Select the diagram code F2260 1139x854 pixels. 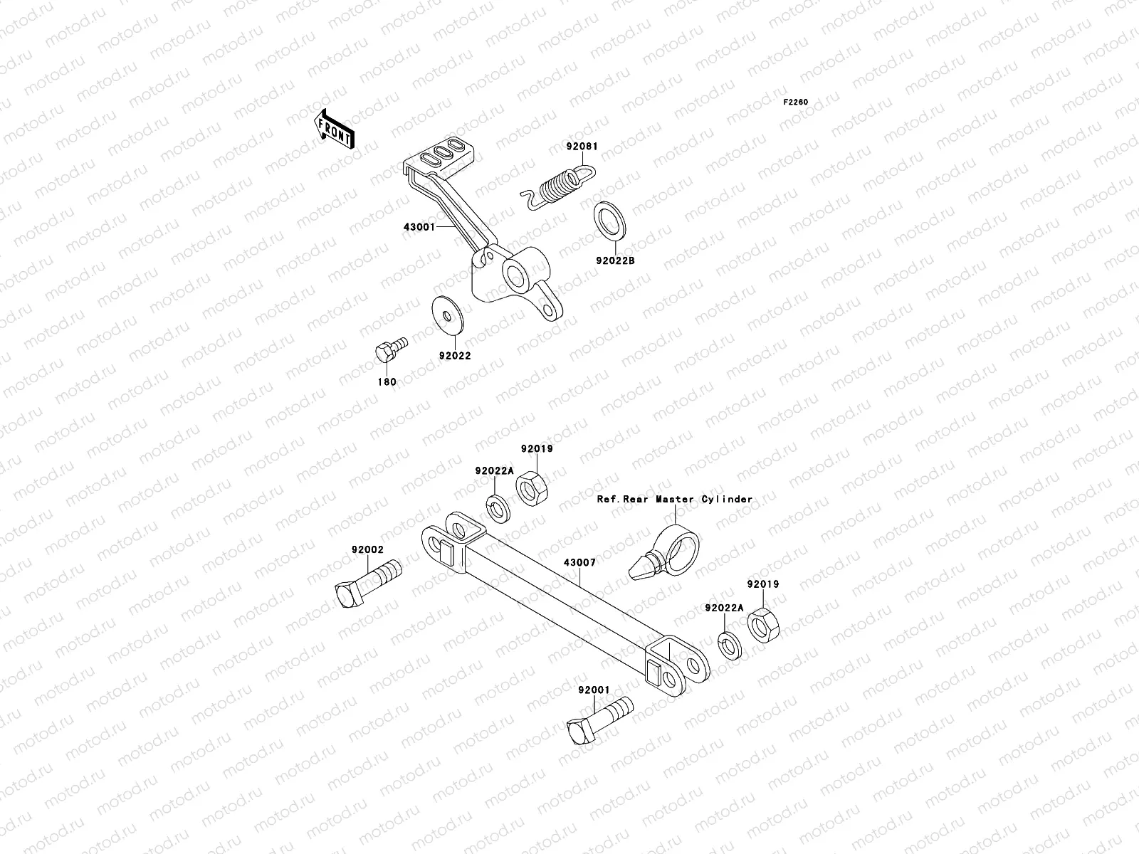796,102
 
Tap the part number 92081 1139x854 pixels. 582,147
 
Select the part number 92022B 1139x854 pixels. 615,260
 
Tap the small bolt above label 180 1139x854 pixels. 389,349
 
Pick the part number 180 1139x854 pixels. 387,382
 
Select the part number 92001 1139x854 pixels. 594,690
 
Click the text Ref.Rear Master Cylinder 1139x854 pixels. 674,500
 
